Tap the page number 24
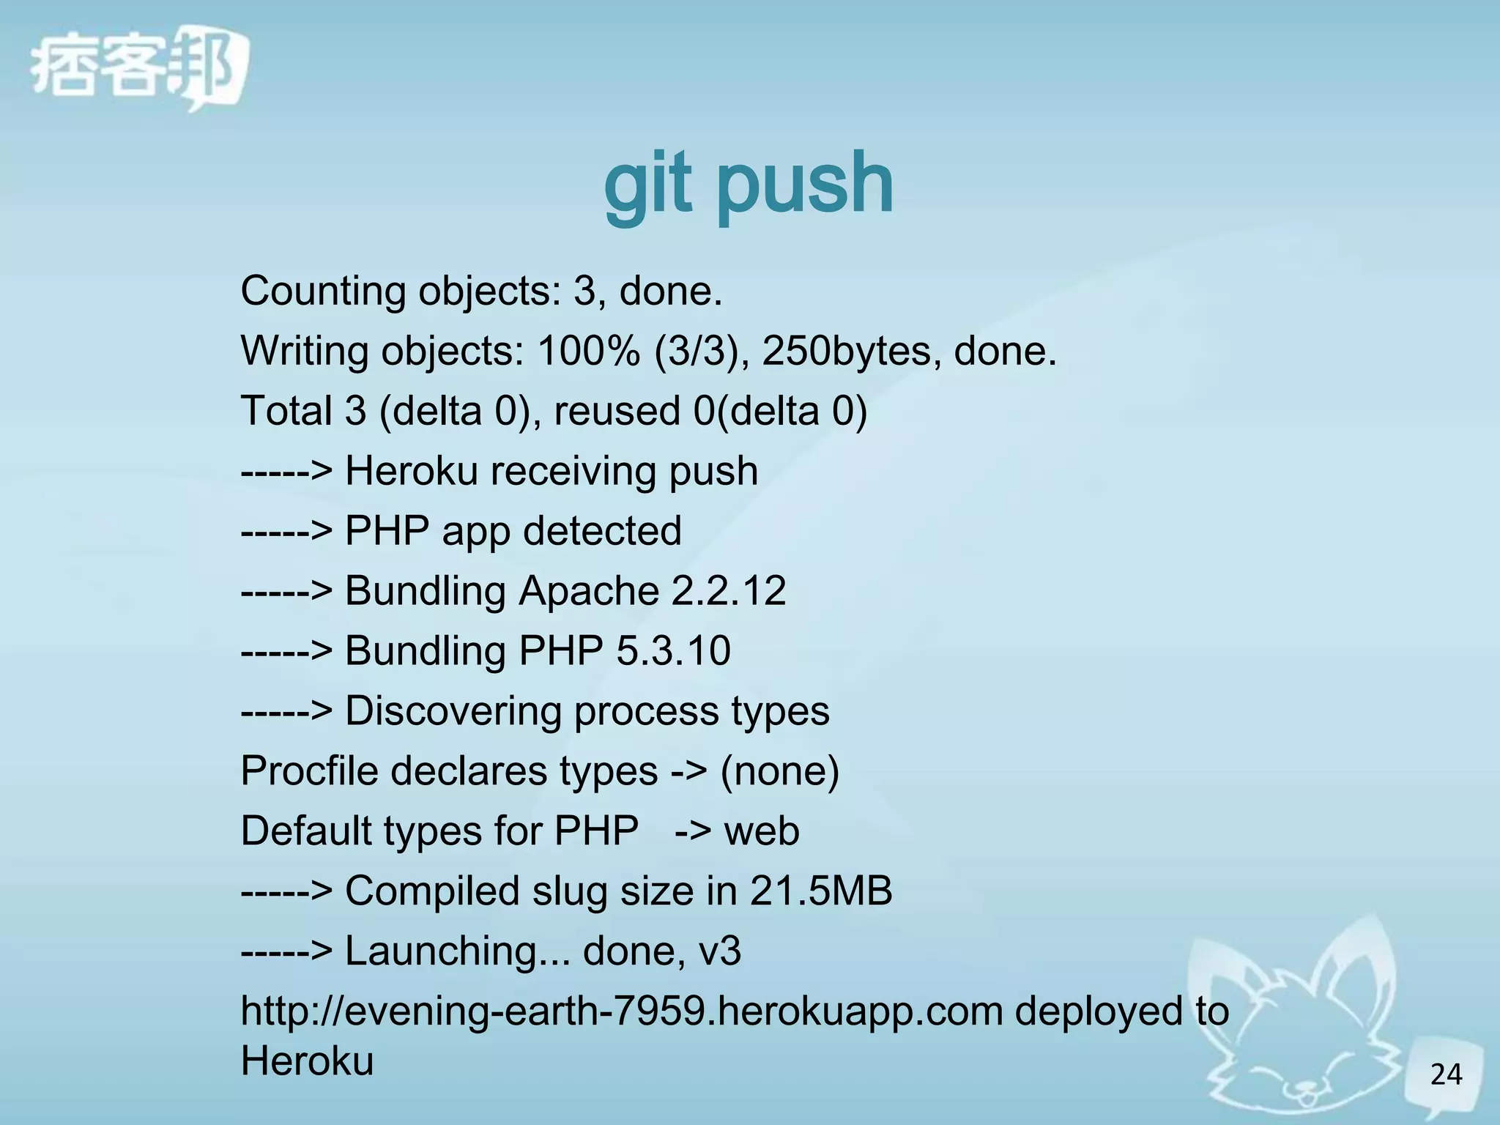coord(1446,1074)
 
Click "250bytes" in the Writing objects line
coord(851,352)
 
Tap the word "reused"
coord(617,411)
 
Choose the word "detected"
coord(602,531)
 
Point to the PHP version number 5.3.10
coord(673,651)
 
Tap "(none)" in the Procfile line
coord(779,771)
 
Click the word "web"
coord(761,831)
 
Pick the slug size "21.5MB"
coord(820,891)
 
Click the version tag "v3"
coord(719,951)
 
